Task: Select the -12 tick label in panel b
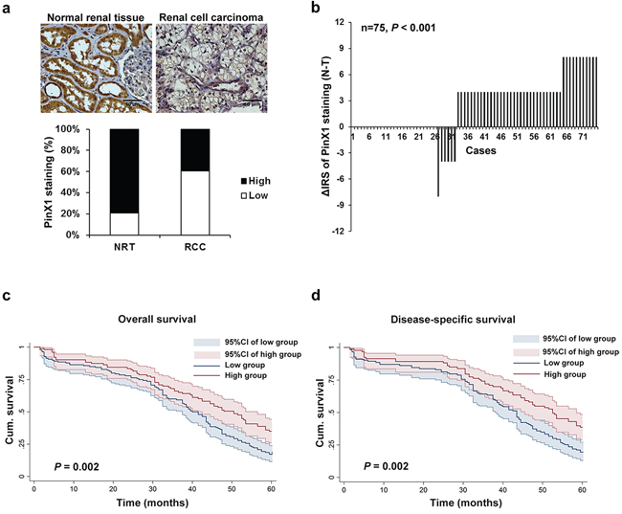click(x=337, y=231)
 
